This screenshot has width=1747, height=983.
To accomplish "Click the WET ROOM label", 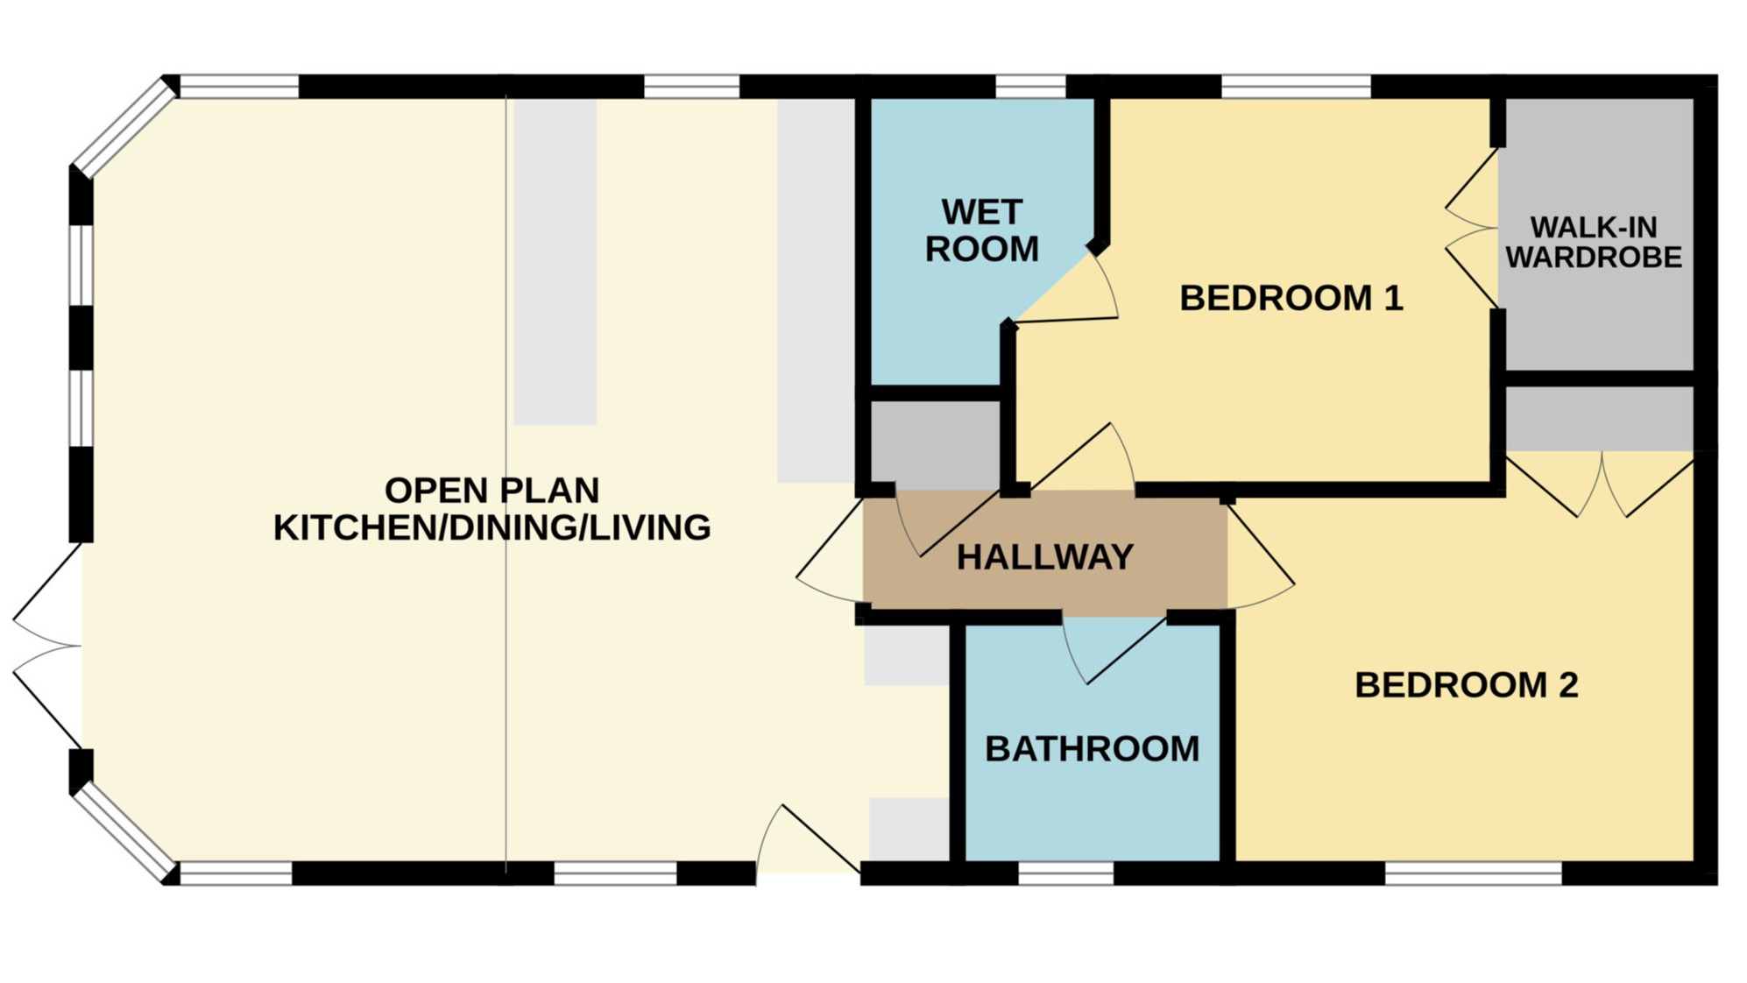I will pyautogui.click(x=981, y=230).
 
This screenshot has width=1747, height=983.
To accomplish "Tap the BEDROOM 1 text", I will pyautogui.click(x=1291, y=298).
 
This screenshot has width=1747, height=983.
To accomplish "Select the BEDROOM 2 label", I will pyautogui.click(x=1466, y=685).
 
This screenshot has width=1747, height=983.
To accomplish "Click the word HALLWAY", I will pyautogui.click(x=1044, y=557).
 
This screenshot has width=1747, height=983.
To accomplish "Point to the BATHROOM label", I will pyautogui.click(x=1092, y=749).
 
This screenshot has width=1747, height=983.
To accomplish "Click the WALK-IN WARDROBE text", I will pyautogui.click(x=1593, y=243).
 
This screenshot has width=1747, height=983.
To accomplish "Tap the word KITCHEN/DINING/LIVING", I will pyautogui.click(x=492, y=528).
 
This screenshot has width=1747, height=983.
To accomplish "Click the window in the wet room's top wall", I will pyautogui.click(x=1030, y=87).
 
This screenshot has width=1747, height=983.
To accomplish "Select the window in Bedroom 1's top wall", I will pyautogui.click(x=1295, y=87).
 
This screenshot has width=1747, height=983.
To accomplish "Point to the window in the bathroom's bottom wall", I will pyautogui.click(x=1065, y=873).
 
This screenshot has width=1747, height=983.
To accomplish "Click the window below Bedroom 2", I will pyautogui.click(x=1473, y=873).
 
